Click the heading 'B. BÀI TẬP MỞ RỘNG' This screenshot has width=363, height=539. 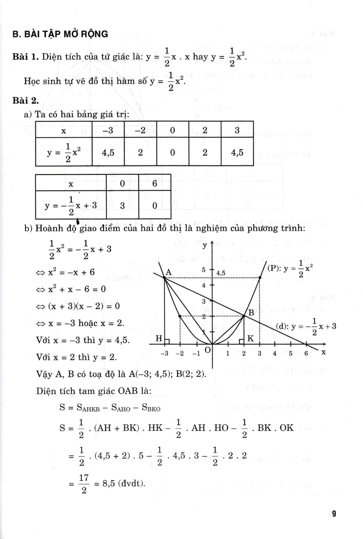pyautogui.click(x=60, y=34)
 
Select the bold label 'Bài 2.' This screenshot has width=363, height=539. pyautogui.click(x=25, y=100)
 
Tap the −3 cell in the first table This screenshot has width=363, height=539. pyautogui.click(x=108, y=130)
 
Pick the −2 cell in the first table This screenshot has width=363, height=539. pyautogui.click(x=140, y=130)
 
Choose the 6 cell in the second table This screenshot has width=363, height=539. pyautogui.click(x=155, y=184)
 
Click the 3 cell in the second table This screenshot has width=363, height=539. pyautogui.click(x=122, y=206)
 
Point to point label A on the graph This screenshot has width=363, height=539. pyautogui.click(x=168, y=273)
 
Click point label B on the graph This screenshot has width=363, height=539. pyautogui.click(x=251, y=313)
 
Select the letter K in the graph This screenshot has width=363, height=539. pyautogui.click(x=250, y=338)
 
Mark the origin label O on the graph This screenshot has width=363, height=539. pyautogui.click(x=207, y=349)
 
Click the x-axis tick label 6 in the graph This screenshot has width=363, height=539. pyautogui.click(x=306, y=353)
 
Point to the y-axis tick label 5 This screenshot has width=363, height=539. pyautogui.click(x=203, y=269)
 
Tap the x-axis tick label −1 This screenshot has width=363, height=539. pyautogui.click(x=196, y=354)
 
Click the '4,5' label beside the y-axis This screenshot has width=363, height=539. pyautogui.click(x=221, y=273)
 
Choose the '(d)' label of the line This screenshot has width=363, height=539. pyautogui.click(x=282, y=327)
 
